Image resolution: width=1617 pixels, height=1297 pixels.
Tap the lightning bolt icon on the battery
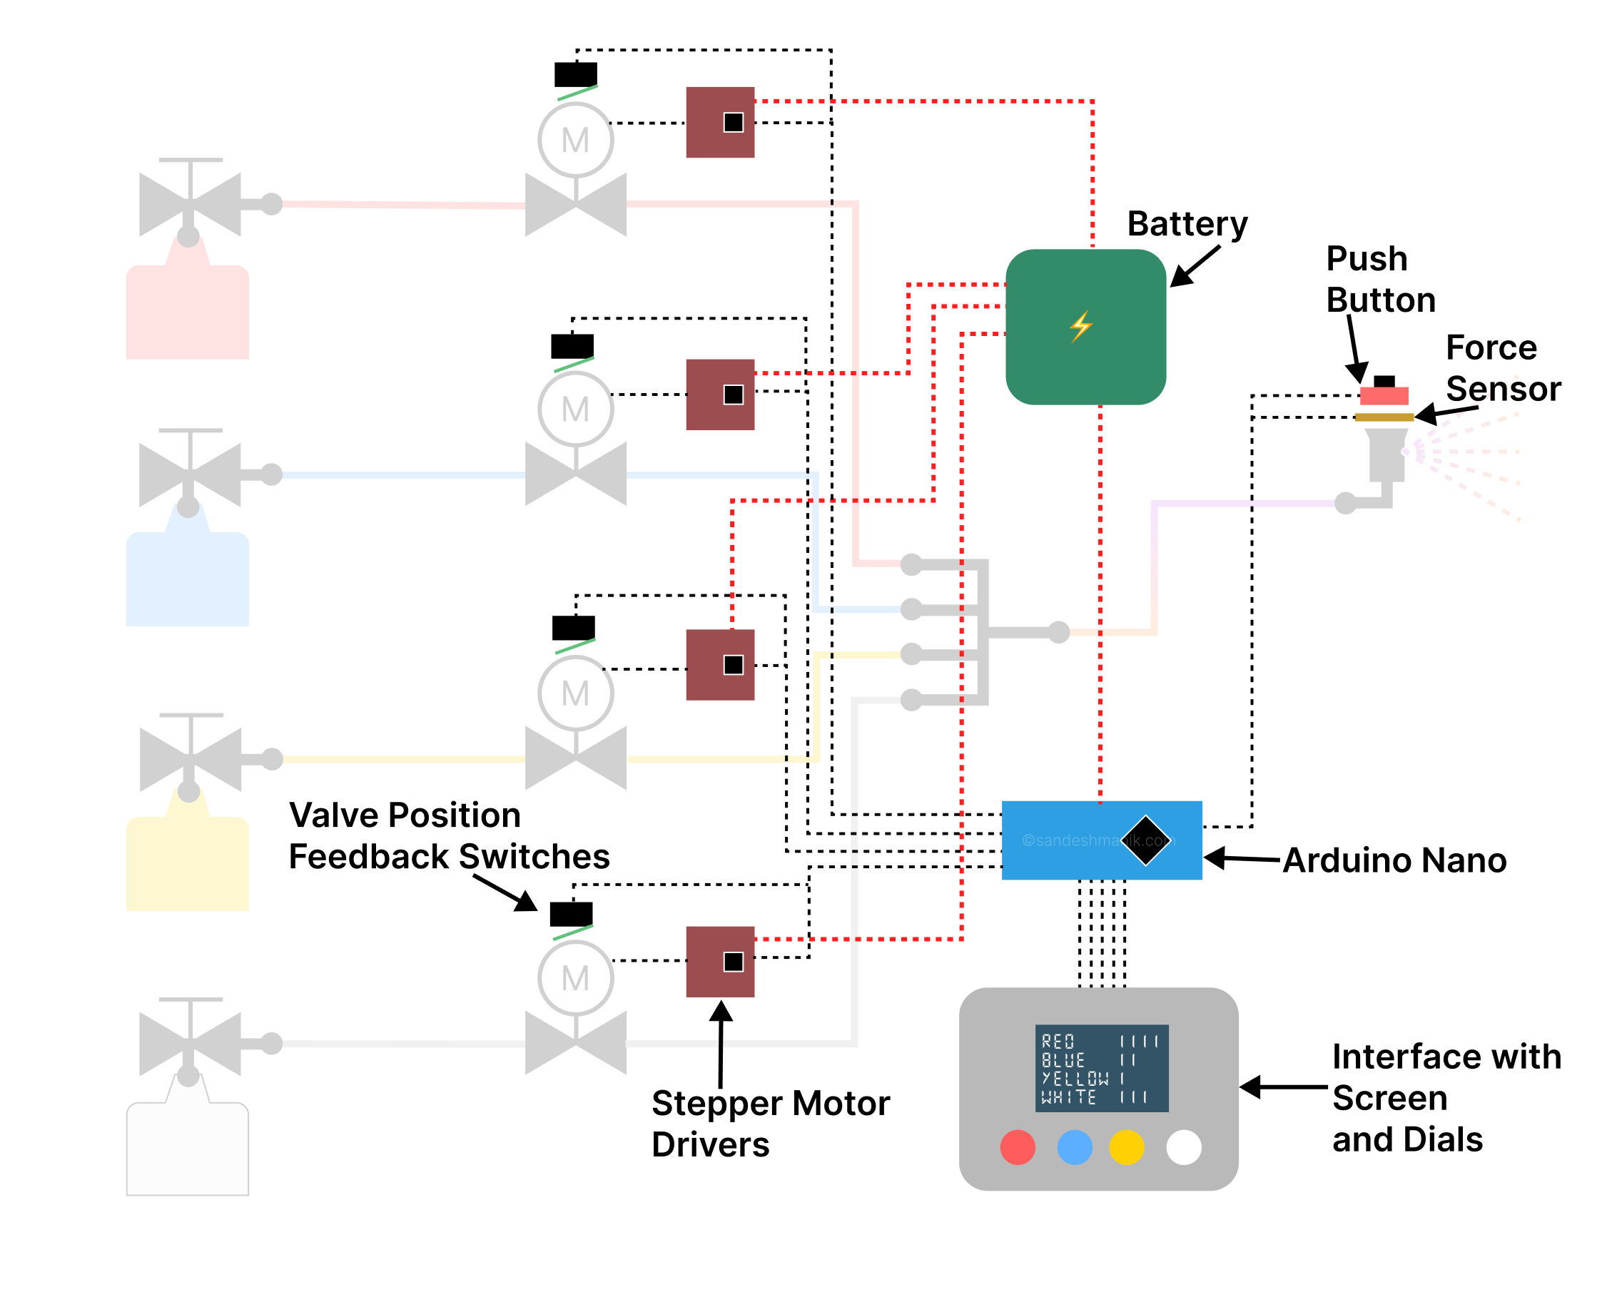click(x=1081, y=326)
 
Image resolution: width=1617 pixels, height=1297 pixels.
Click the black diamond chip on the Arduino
click(x=1145, y=840)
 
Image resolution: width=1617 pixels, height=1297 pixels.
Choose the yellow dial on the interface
click(x=1126, y=1147)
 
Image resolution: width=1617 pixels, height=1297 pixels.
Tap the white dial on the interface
click(x=1184, y=1147)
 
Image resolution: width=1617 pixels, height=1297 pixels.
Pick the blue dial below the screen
click(x=1074, y=1147)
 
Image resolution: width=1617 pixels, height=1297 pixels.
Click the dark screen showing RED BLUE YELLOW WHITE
click(x=1101, y=1067)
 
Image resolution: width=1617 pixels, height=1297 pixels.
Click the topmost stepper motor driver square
click(x=720, y=122)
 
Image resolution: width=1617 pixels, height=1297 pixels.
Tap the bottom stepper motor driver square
click(x=720, y=961)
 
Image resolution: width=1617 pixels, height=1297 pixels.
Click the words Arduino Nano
click(x=1394, y=860)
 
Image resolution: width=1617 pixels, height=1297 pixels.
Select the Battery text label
click(x=1187, y=224)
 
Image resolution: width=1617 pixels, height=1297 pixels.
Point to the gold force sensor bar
click(x=1384, y=417)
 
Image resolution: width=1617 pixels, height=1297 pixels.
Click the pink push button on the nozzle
click(x=1384, y=395)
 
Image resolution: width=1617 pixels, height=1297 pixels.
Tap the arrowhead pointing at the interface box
click(x=1249, y=1087)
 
